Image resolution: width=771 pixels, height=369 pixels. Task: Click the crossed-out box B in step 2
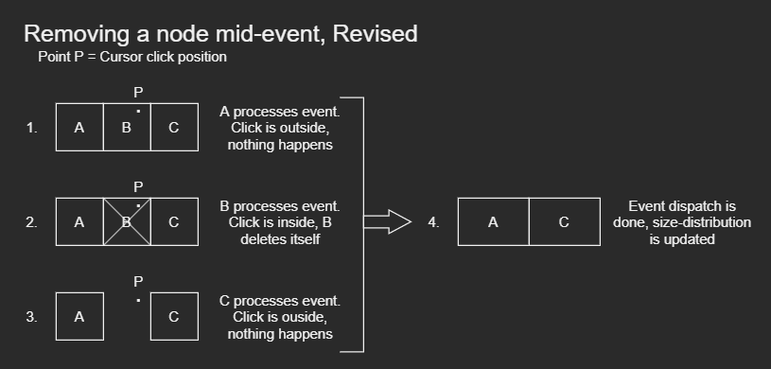tap(127, 222)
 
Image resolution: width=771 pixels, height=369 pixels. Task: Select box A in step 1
tap(79, 127)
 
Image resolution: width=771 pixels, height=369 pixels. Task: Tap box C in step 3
tap(175, 316)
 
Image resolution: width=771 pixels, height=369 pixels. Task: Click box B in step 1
tap(127, 127)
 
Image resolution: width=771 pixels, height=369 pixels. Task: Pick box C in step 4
tap(565, 222)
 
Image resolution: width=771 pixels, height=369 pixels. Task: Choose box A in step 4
tap(493, 222)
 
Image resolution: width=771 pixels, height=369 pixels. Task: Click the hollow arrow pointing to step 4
tap(388, 222)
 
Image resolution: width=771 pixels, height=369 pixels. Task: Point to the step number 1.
tap(32, 128)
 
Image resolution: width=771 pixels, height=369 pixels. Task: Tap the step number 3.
tap(32, 317)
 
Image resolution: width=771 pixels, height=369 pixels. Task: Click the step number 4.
tap(433, 222)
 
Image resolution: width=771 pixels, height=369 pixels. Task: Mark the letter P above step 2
tap(138, 187)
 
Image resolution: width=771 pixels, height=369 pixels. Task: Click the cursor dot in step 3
tap(139, 300)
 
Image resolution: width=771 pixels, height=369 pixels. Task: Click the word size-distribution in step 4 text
tap(702, 222)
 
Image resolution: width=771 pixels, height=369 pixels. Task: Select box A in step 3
tap(79, 316)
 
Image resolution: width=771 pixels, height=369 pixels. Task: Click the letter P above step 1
tap(138, 92)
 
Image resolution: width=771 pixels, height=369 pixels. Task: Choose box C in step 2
tap(175, 222)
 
